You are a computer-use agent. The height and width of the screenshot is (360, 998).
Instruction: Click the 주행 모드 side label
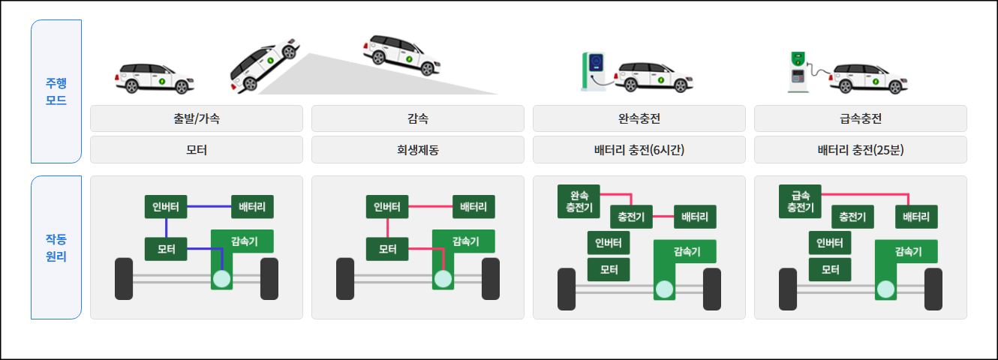(x=56, y=91)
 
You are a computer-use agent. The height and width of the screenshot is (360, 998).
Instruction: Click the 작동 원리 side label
(x=56, y=247)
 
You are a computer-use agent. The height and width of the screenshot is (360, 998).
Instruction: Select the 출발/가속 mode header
(x=196, y=118)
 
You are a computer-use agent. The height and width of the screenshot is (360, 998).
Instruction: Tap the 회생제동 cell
(x=417, y=149)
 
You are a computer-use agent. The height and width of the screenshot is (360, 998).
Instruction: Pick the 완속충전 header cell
(x=639, y=118)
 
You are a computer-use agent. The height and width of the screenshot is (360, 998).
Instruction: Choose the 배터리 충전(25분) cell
(x=860, y=149)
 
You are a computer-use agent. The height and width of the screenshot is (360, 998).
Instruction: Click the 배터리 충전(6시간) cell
(x=639, y=149)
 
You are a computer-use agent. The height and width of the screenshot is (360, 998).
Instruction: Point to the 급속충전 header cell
(x=860, y=118)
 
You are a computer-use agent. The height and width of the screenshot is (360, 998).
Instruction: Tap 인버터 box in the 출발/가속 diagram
(x=166, y=207)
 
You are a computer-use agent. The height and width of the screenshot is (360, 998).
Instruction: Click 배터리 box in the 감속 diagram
(x=473, y=207)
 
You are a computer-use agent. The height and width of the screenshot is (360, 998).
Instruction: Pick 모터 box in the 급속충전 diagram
(x=830, y=269)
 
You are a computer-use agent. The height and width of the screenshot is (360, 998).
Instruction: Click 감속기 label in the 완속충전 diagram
(x=687, y=251)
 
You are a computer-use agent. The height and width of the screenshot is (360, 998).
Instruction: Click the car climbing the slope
(x=264, y=66)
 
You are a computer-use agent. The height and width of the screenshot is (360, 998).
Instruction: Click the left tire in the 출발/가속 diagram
(x=124, y=279)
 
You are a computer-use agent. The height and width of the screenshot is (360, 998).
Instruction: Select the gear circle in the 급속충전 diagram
(x=885, y=289)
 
